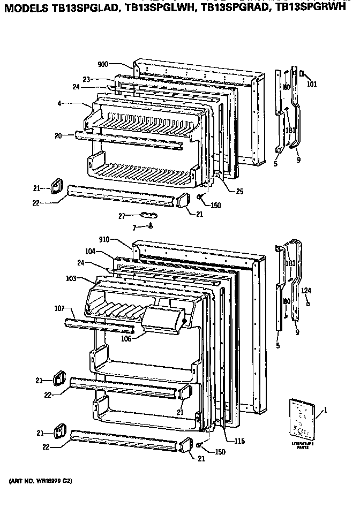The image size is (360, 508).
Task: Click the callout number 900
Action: coord(103,64)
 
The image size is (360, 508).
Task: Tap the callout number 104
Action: coord(89,251)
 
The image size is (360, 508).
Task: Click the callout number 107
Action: coord(59,308)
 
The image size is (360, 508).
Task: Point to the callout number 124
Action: coord(306,291)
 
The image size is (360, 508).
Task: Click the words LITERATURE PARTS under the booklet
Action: coord(303,445)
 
